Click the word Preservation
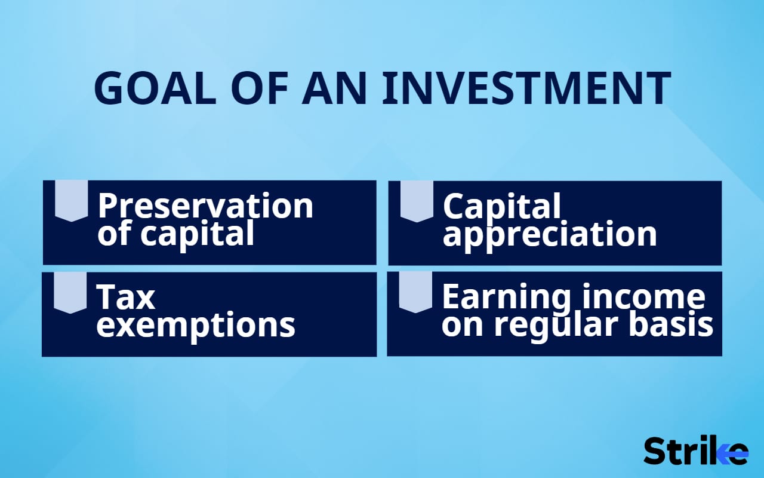(x=205, y=206)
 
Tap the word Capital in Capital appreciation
(x=502, y=206)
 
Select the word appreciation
(x=549, y=234)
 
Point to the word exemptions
(x=196, y=325)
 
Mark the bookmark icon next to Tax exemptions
(x=70, y=292)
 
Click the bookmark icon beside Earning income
(x=415, y=292)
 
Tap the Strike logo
(x=695, y=451)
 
